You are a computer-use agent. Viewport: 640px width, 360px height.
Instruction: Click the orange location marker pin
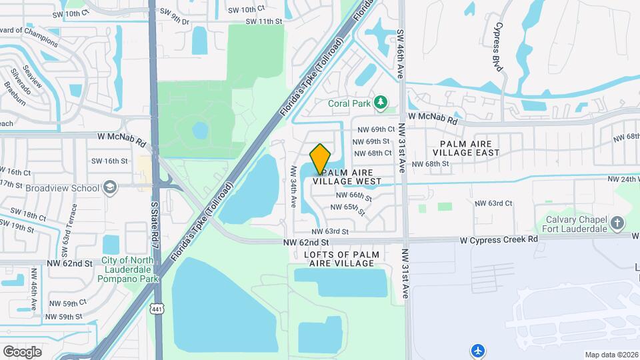tap(321, 159)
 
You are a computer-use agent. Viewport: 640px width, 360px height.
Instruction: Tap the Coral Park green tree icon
tap(381, 103)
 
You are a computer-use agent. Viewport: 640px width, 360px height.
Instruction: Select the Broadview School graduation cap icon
tap(111, 187)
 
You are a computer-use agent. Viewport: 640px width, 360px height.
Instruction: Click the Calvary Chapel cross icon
tap(617, 223)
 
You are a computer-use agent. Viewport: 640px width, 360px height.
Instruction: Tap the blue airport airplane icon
tap(478, 350)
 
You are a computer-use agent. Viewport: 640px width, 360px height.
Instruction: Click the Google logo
tap(22, 351)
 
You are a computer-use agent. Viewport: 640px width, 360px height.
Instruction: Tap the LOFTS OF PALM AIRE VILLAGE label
tap(342, 259)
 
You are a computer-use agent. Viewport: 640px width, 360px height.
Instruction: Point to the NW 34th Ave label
tap(293, 186)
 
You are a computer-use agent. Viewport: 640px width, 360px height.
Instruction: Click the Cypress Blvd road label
tap(497, 47)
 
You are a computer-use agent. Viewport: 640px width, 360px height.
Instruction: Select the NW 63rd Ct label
tap(493, 203)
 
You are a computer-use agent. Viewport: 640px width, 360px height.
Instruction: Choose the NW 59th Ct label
tap(66, 303)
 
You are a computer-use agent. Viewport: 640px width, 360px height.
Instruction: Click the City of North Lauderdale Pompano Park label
tap(130, 270)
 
